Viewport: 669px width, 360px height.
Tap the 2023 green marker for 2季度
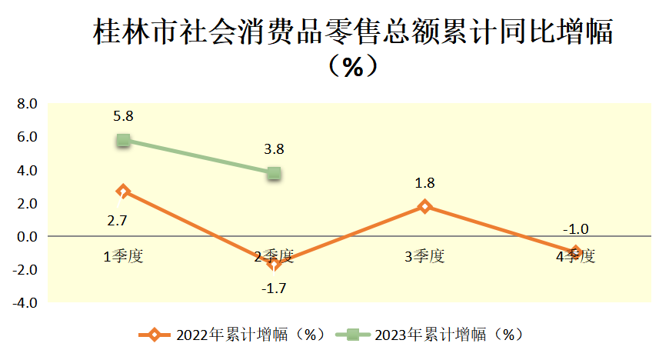(274, 174)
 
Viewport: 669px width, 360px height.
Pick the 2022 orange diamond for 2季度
(274, 264)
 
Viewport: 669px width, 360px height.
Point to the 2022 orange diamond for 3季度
(424, 206)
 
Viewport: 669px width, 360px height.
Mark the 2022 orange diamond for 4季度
(575, 252)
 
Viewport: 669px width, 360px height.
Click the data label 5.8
(123, 117)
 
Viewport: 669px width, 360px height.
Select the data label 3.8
(274, 150)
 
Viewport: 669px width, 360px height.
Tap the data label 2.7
(117, 221)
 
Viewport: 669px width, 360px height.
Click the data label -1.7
(274, 289)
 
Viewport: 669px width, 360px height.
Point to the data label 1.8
(424, 183)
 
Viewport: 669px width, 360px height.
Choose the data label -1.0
(575, 229)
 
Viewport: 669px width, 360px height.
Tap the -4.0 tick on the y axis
(25, 303)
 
